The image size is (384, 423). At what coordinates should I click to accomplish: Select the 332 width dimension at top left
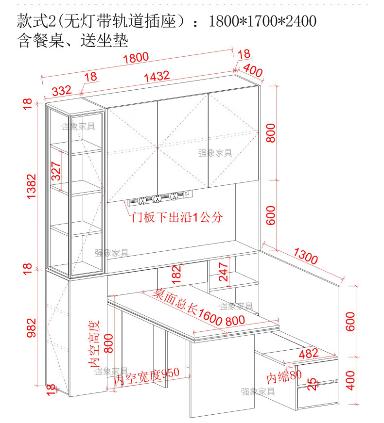tap(62, 91)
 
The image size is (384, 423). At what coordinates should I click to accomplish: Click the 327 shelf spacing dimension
tap(56, 171)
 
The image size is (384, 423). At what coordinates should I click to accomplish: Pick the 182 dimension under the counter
tap(176, 274)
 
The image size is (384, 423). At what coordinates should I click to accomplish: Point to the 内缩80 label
tap(283, 377)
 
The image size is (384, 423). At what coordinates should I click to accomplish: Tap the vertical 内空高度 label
tap(93, 343)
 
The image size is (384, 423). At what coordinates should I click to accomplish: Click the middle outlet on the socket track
tap(157, 198)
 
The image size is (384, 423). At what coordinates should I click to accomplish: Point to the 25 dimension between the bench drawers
tap(313, 385)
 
